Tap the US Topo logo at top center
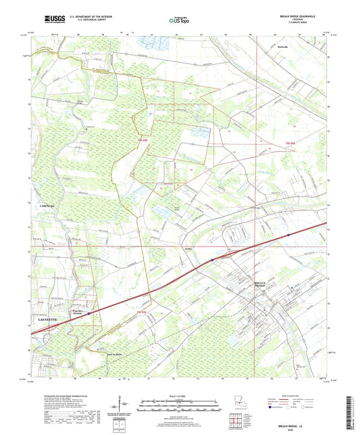coord(179,21)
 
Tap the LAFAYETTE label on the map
coord(49,317)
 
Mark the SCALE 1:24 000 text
coord(180,396)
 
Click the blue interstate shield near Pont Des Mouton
coord(88,312)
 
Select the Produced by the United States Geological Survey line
coord(54,396)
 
